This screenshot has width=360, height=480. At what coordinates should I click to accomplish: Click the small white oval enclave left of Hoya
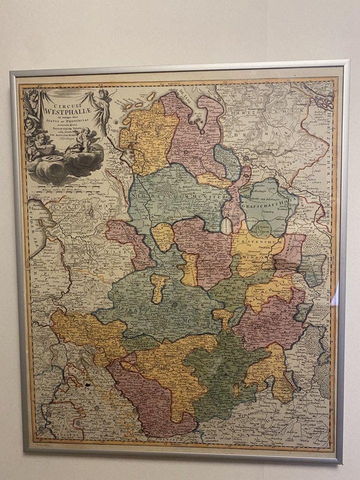(226, 227)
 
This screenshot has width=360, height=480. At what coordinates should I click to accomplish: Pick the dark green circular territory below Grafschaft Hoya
(260, 229)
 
